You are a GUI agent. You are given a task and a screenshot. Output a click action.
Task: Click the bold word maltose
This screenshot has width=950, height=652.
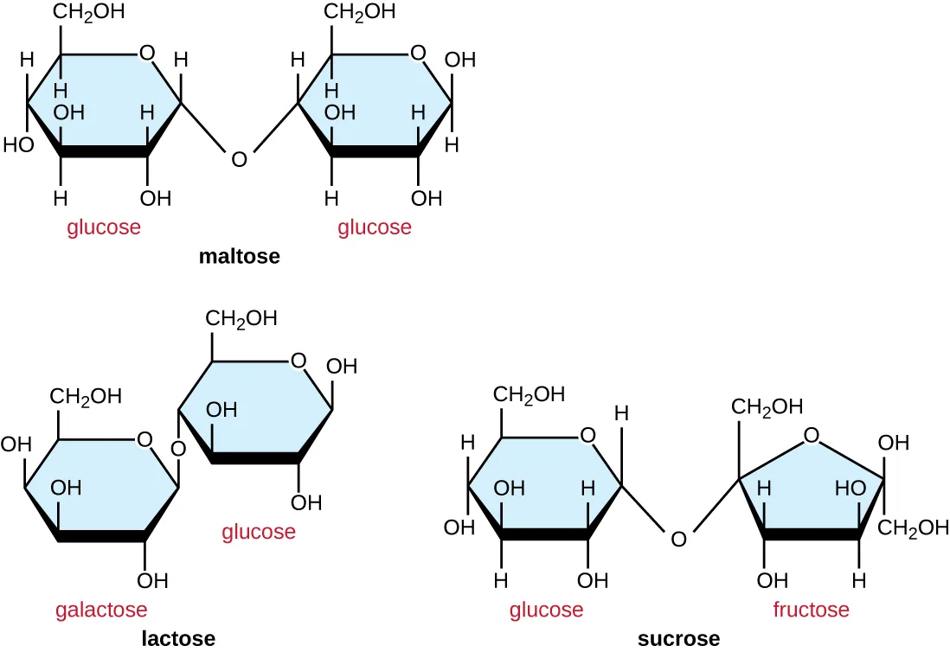click(239, 257)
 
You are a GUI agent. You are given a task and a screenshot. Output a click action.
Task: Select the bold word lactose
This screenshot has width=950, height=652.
click(179, 639)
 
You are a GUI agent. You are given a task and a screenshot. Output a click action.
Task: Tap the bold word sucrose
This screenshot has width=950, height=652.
click(678, 639)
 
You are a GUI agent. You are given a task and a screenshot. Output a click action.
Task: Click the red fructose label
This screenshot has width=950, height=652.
click(811, 610)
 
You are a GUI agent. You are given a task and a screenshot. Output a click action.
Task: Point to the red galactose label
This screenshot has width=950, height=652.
click(101, 610)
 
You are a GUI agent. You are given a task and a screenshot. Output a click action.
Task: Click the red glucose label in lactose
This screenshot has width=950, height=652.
click(259, 531)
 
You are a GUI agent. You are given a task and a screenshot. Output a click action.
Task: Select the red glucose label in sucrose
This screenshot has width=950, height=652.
click(546, 610)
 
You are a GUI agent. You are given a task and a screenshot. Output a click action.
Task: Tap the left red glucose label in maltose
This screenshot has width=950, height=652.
click(104, 227)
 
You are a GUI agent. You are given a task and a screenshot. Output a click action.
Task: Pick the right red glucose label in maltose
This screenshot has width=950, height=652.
click(375, 227)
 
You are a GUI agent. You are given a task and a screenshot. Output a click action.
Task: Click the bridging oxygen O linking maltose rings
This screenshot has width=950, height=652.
click(240, 159)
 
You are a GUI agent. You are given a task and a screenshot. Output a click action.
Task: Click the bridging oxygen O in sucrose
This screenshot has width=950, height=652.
click(678, 540)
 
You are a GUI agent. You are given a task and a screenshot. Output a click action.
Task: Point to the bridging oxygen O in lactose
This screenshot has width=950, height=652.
click(178, 449)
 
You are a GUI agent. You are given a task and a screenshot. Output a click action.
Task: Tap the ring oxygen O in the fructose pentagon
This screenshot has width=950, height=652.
click(811, 436)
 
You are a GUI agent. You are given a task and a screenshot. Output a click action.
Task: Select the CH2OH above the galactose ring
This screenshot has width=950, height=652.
click(86, 397)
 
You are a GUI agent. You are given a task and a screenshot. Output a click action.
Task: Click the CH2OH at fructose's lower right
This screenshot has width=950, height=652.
click(914, 527)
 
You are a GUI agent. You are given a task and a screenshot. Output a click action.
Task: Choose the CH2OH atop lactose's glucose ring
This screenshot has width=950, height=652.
click(241, 318)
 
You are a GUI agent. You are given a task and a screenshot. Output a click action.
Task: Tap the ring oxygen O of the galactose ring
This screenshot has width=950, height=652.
click(144, 441)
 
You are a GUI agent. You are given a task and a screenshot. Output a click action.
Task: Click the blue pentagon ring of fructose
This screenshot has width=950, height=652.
click(811, 493)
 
